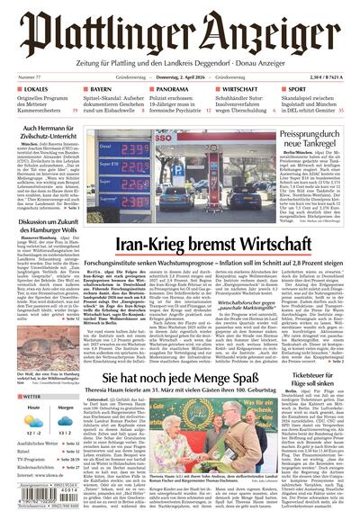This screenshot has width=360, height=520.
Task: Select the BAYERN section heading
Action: pos(99,91)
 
